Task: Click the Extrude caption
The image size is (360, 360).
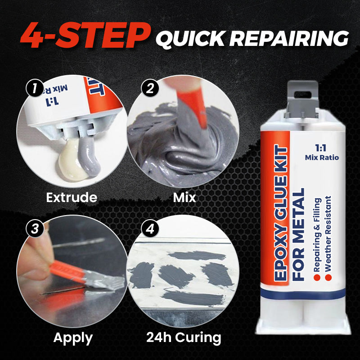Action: [x=72, y=197]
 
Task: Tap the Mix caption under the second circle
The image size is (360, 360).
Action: [x=184, y=197]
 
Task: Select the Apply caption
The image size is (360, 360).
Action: [x=72, y=337]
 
